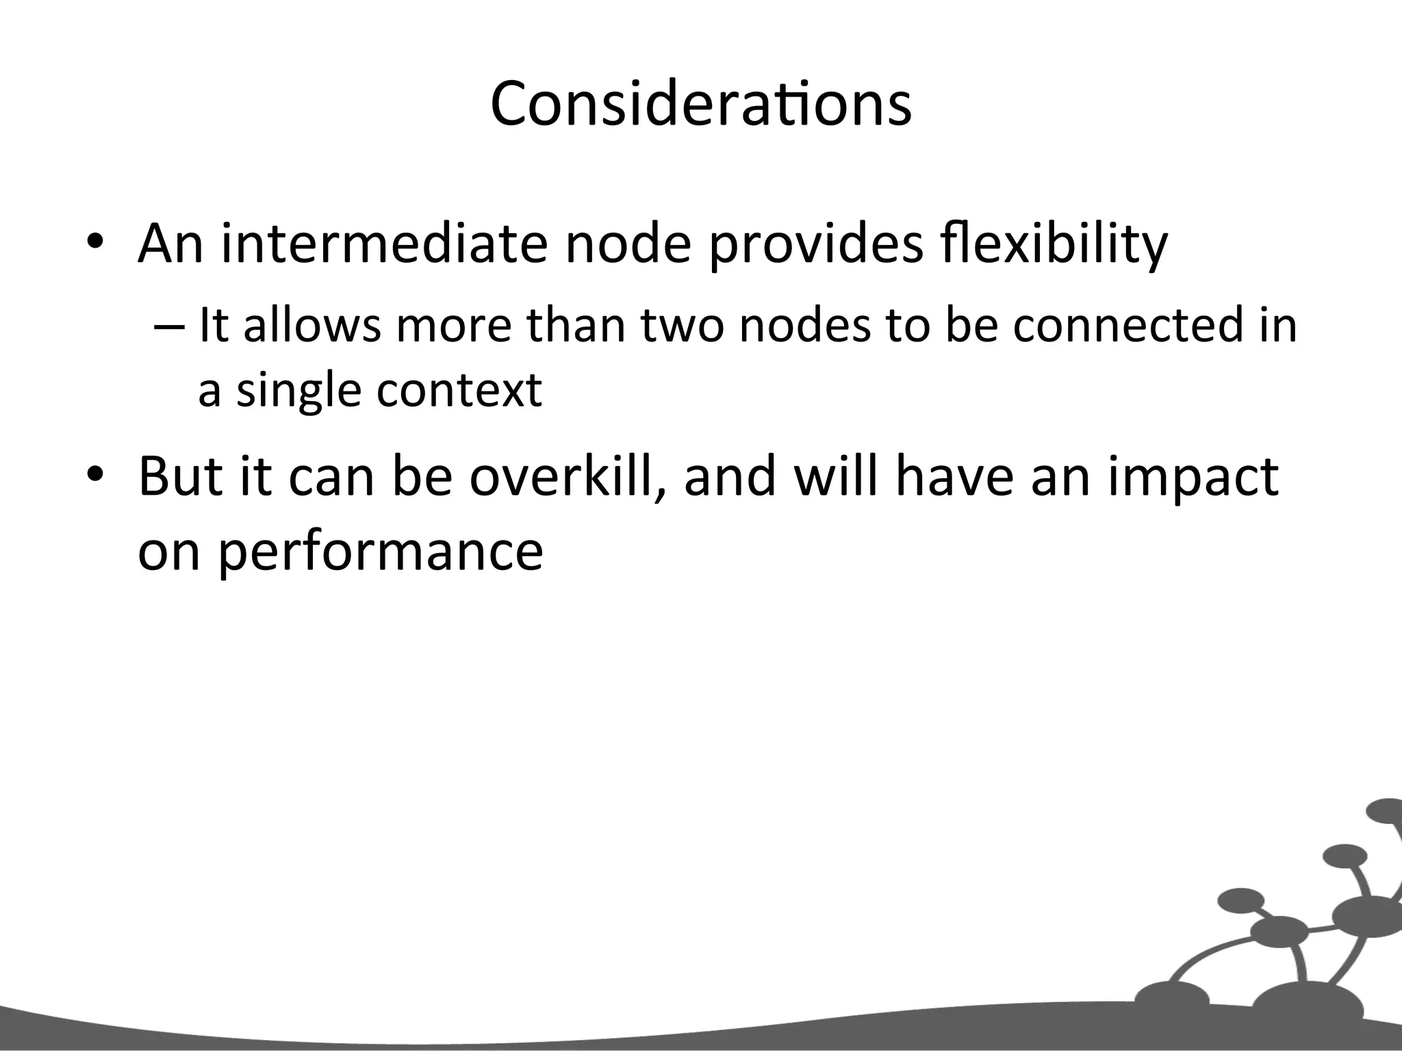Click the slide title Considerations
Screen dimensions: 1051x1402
pyautogui.click(x=701, y=104)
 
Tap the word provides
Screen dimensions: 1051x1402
pyautogui.click(x=815, y=244)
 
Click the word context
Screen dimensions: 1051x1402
pyautogui.click(x=459, y=390)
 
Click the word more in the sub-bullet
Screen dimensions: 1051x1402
pyautogui.click(x=455, y=326)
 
